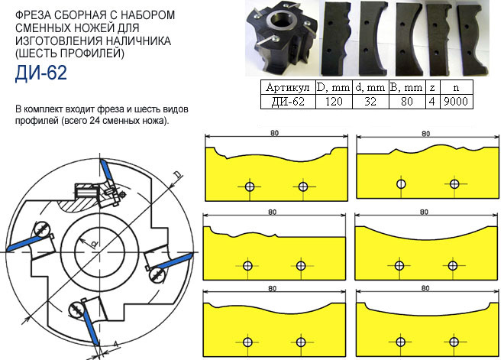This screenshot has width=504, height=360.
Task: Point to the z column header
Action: (432, 87)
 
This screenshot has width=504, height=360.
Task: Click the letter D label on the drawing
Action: (176, 176)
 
